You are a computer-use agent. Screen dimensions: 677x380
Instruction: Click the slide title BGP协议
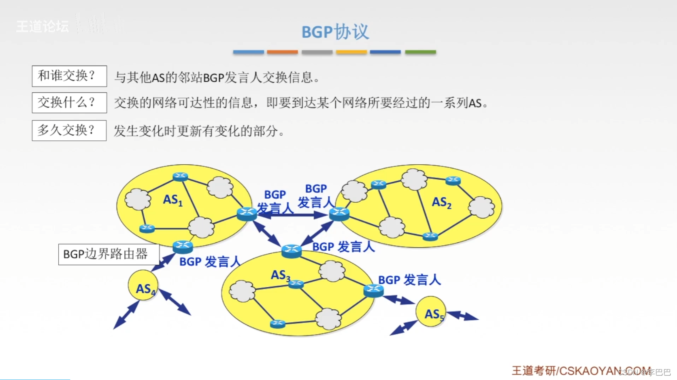click(335, 32)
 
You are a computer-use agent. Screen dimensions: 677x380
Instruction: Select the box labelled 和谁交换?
click(69, 76)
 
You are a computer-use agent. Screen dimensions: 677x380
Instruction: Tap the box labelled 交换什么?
click(69, 103)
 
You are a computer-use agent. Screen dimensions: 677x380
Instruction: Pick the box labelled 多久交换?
click(69, 130)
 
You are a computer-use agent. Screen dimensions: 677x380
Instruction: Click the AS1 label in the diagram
click(172, 200)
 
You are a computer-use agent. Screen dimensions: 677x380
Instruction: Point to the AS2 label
click(441, 202)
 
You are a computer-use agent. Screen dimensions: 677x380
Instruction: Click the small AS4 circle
click(143, 286)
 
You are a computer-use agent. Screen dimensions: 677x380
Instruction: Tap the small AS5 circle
click(431, 312)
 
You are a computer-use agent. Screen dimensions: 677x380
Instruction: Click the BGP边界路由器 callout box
click(109, 254)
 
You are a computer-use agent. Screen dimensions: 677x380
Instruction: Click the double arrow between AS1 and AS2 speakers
click(293, 215)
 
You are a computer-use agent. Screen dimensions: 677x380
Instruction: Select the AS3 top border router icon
click(292, 251)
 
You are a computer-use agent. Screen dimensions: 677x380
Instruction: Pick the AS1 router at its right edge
click(247, 213)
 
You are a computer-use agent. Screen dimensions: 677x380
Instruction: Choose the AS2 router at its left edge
click(339, 213)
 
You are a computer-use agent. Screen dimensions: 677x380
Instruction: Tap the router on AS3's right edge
click(373, 290)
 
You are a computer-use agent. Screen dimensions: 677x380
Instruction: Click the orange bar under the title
click(282, 52)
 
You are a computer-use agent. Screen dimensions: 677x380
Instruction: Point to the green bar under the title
click(420, 52)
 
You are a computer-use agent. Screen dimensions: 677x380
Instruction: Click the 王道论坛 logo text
click(43, 27)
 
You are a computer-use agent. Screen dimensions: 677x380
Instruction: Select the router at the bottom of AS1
click(183, 246)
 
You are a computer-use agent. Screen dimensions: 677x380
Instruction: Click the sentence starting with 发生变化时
click(199, 131)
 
